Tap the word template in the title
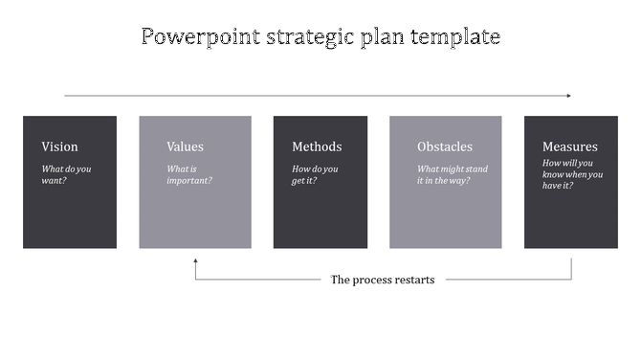[456, 37]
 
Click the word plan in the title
[384, 38]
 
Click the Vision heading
[59, 146]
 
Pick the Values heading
[185, 146]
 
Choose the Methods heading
[317, 146]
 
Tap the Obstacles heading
[445, 146]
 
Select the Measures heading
[569, 146]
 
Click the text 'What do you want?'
[66, 174]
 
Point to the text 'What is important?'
[189, 174]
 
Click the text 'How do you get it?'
[315, 174]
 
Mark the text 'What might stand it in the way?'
[453, 174]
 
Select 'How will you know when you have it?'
[572, 174]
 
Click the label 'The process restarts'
[382, 280]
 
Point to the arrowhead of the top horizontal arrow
[568, 96]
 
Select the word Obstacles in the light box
[445, 146]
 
